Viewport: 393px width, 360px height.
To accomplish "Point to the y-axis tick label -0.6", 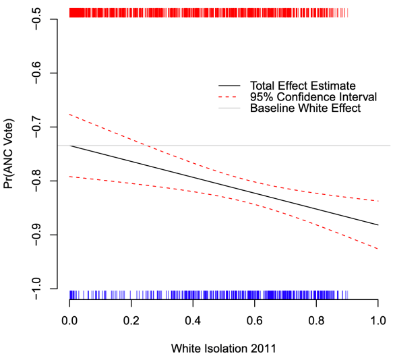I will [38, 73].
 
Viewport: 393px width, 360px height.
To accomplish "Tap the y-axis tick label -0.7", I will [38, 127].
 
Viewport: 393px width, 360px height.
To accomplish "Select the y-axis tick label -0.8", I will [38, 181].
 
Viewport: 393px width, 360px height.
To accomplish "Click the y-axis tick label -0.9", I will [38, 235].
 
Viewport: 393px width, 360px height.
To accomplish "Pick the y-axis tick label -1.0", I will [38, 289].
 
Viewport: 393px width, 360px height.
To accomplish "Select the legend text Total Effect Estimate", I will [303, 86].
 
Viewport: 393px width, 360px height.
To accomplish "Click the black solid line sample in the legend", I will [229, 86].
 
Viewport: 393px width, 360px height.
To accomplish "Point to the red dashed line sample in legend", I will [229, 97].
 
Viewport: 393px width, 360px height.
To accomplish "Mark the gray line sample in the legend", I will [229, 108].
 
